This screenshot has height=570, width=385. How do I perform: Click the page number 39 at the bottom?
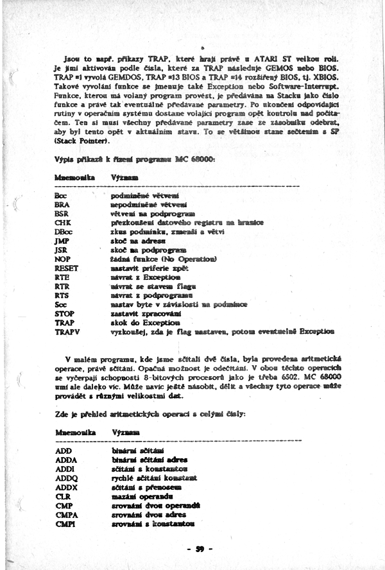pyautogui.click(x=200, y=549)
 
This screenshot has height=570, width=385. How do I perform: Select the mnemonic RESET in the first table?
pyautogui.click(x=66, y=268)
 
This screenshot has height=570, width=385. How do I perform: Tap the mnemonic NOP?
pyautogui.click(x=62, y=259)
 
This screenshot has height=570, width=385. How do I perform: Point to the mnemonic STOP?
pyautogui.click(x=65, y=313)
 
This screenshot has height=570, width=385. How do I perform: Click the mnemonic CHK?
pyautogui.click(x=62, y=222)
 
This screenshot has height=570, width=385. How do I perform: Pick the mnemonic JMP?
pyautogui.click(x=62, y=241)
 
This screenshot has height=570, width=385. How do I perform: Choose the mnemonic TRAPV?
pyautogui.click(x=67, y=332)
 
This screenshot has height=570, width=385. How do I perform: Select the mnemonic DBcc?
pyautogui.click(x=64, y=231)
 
